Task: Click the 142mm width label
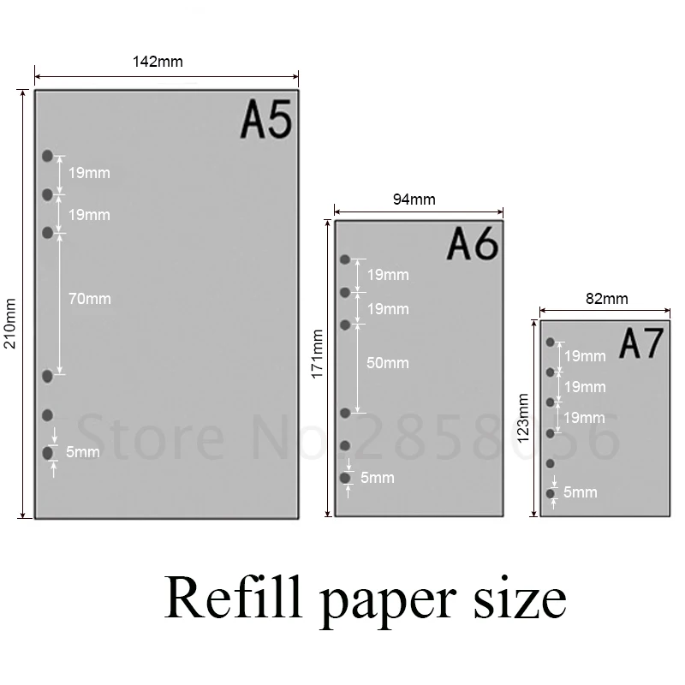coord(158,62)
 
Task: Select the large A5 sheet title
coord(266,120)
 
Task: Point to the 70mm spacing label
coord(90,299)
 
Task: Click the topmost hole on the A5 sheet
coord(48,156)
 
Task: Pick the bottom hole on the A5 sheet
coord(48,452)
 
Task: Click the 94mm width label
coord(414,200)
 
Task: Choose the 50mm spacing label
coord(388,363)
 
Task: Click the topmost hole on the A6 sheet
coord(345,259)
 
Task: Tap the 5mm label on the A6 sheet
coord(378,477)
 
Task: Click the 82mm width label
coord(606,299)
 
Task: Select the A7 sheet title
coord(641,344)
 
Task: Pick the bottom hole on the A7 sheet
coord(550,494)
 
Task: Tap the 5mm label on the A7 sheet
coord(581,492)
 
